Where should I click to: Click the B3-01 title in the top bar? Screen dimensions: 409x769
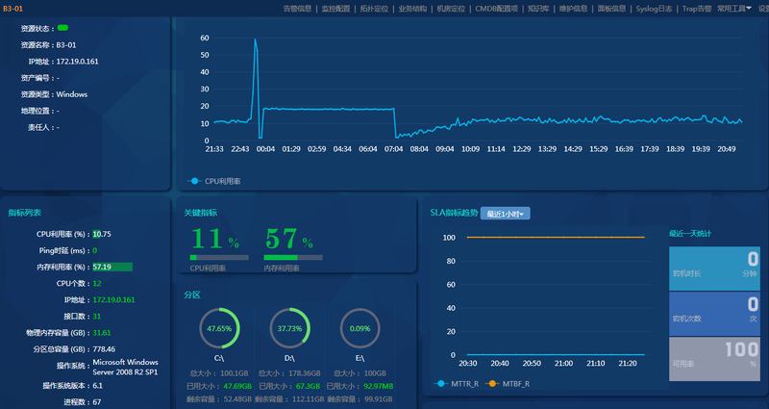12,8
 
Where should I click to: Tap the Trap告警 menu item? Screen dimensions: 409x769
697,8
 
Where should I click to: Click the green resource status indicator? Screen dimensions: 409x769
62,28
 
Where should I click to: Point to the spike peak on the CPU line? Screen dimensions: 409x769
255,39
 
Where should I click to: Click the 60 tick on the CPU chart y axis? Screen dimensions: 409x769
204,38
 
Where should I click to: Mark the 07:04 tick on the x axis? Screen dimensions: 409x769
393,149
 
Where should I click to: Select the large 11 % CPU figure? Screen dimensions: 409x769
217,240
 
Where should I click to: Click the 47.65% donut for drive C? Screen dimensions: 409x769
219,328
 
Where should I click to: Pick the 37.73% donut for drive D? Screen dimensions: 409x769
289,328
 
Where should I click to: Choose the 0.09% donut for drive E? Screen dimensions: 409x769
360,328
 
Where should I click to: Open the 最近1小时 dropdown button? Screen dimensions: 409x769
509,214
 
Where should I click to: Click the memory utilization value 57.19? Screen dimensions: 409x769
102,266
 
